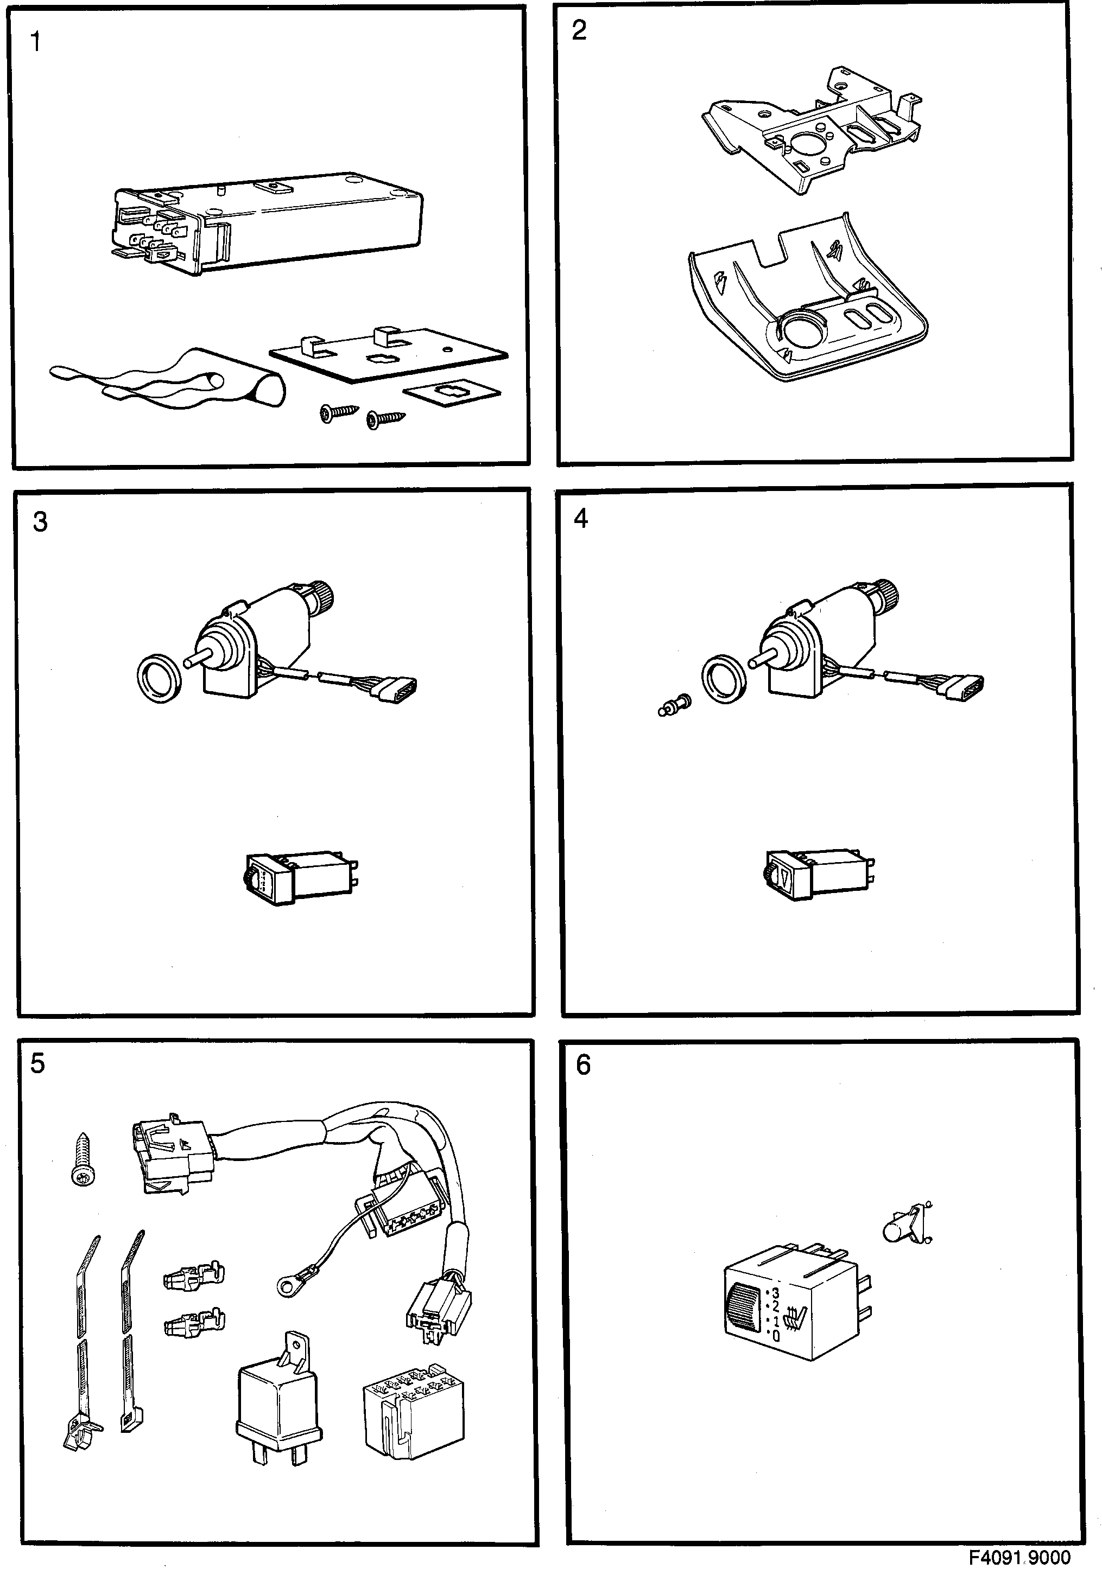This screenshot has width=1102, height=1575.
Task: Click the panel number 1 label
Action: point(36,42)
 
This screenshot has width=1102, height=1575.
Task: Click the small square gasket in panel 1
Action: point(451,393)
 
